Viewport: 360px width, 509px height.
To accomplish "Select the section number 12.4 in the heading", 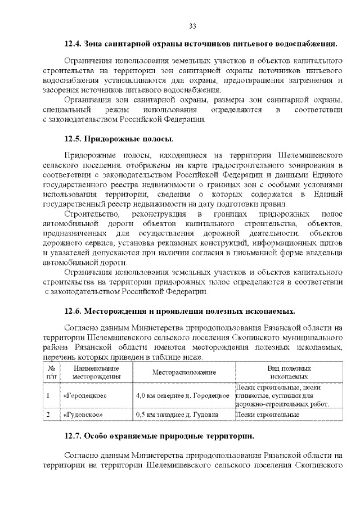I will pos(74,44).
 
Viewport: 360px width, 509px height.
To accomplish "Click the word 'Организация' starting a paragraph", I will pos(87,100).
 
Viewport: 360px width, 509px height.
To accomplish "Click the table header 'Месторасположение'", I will pos(184,373).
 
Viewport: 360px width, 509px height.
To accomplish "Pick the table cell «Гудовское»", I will pos(83,415).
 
